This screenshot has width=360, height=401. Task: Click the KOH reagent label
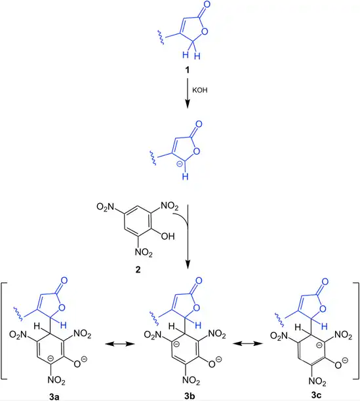point(199,90)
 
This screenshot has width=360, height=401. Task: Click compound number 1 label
point(188,69)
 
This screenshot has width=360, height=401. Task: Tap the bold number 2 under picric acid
point(138,269)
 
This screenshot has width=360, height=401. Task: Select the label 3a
point(54,396)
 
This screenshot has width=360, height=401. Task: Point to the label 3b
point(190,396)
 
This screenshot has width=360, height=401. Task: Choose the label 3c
point(316,395)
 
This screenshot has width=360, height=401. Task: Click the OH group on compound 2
point(168,236)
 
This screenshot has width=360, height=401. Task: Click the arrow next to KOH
point(188,93)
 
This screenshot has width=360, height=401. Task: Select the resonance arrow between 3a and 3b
point(120,344)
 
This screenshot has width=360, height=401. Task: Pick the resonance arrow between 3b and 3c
point(248,343)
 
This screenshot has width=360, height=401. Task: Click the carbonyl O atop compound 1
point(207,5)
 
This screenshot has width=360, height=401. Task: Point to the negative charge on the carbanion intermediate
point(180,164)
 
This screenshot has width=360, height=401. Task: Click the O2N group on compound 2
point(105,206)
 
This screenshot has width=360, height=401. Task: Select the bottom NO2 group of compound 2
point(144,252)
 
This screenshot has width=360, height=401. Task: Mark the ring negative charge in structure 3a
point(51,356)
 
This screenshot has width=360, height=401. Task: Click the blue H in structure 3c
point(325,326)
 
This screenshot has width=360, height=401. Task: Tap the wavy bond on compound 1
point(161,37)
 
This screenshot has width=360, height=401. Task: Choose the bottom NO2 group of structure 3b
point(191,380)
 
